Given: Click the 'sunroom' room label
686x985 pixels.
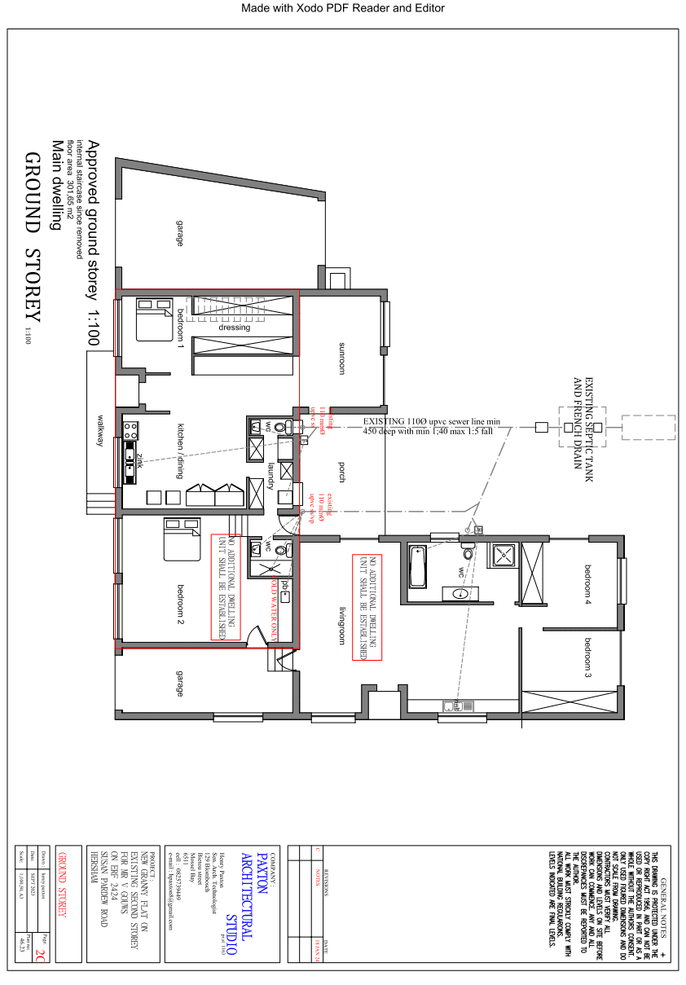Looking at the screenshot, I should (x=342, y=357).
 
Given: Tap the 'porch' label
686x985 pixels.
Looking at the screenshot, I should (x=342, y=473).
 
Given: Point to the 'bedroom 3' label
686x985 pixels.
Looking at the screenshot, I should (x=587, y=659).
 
